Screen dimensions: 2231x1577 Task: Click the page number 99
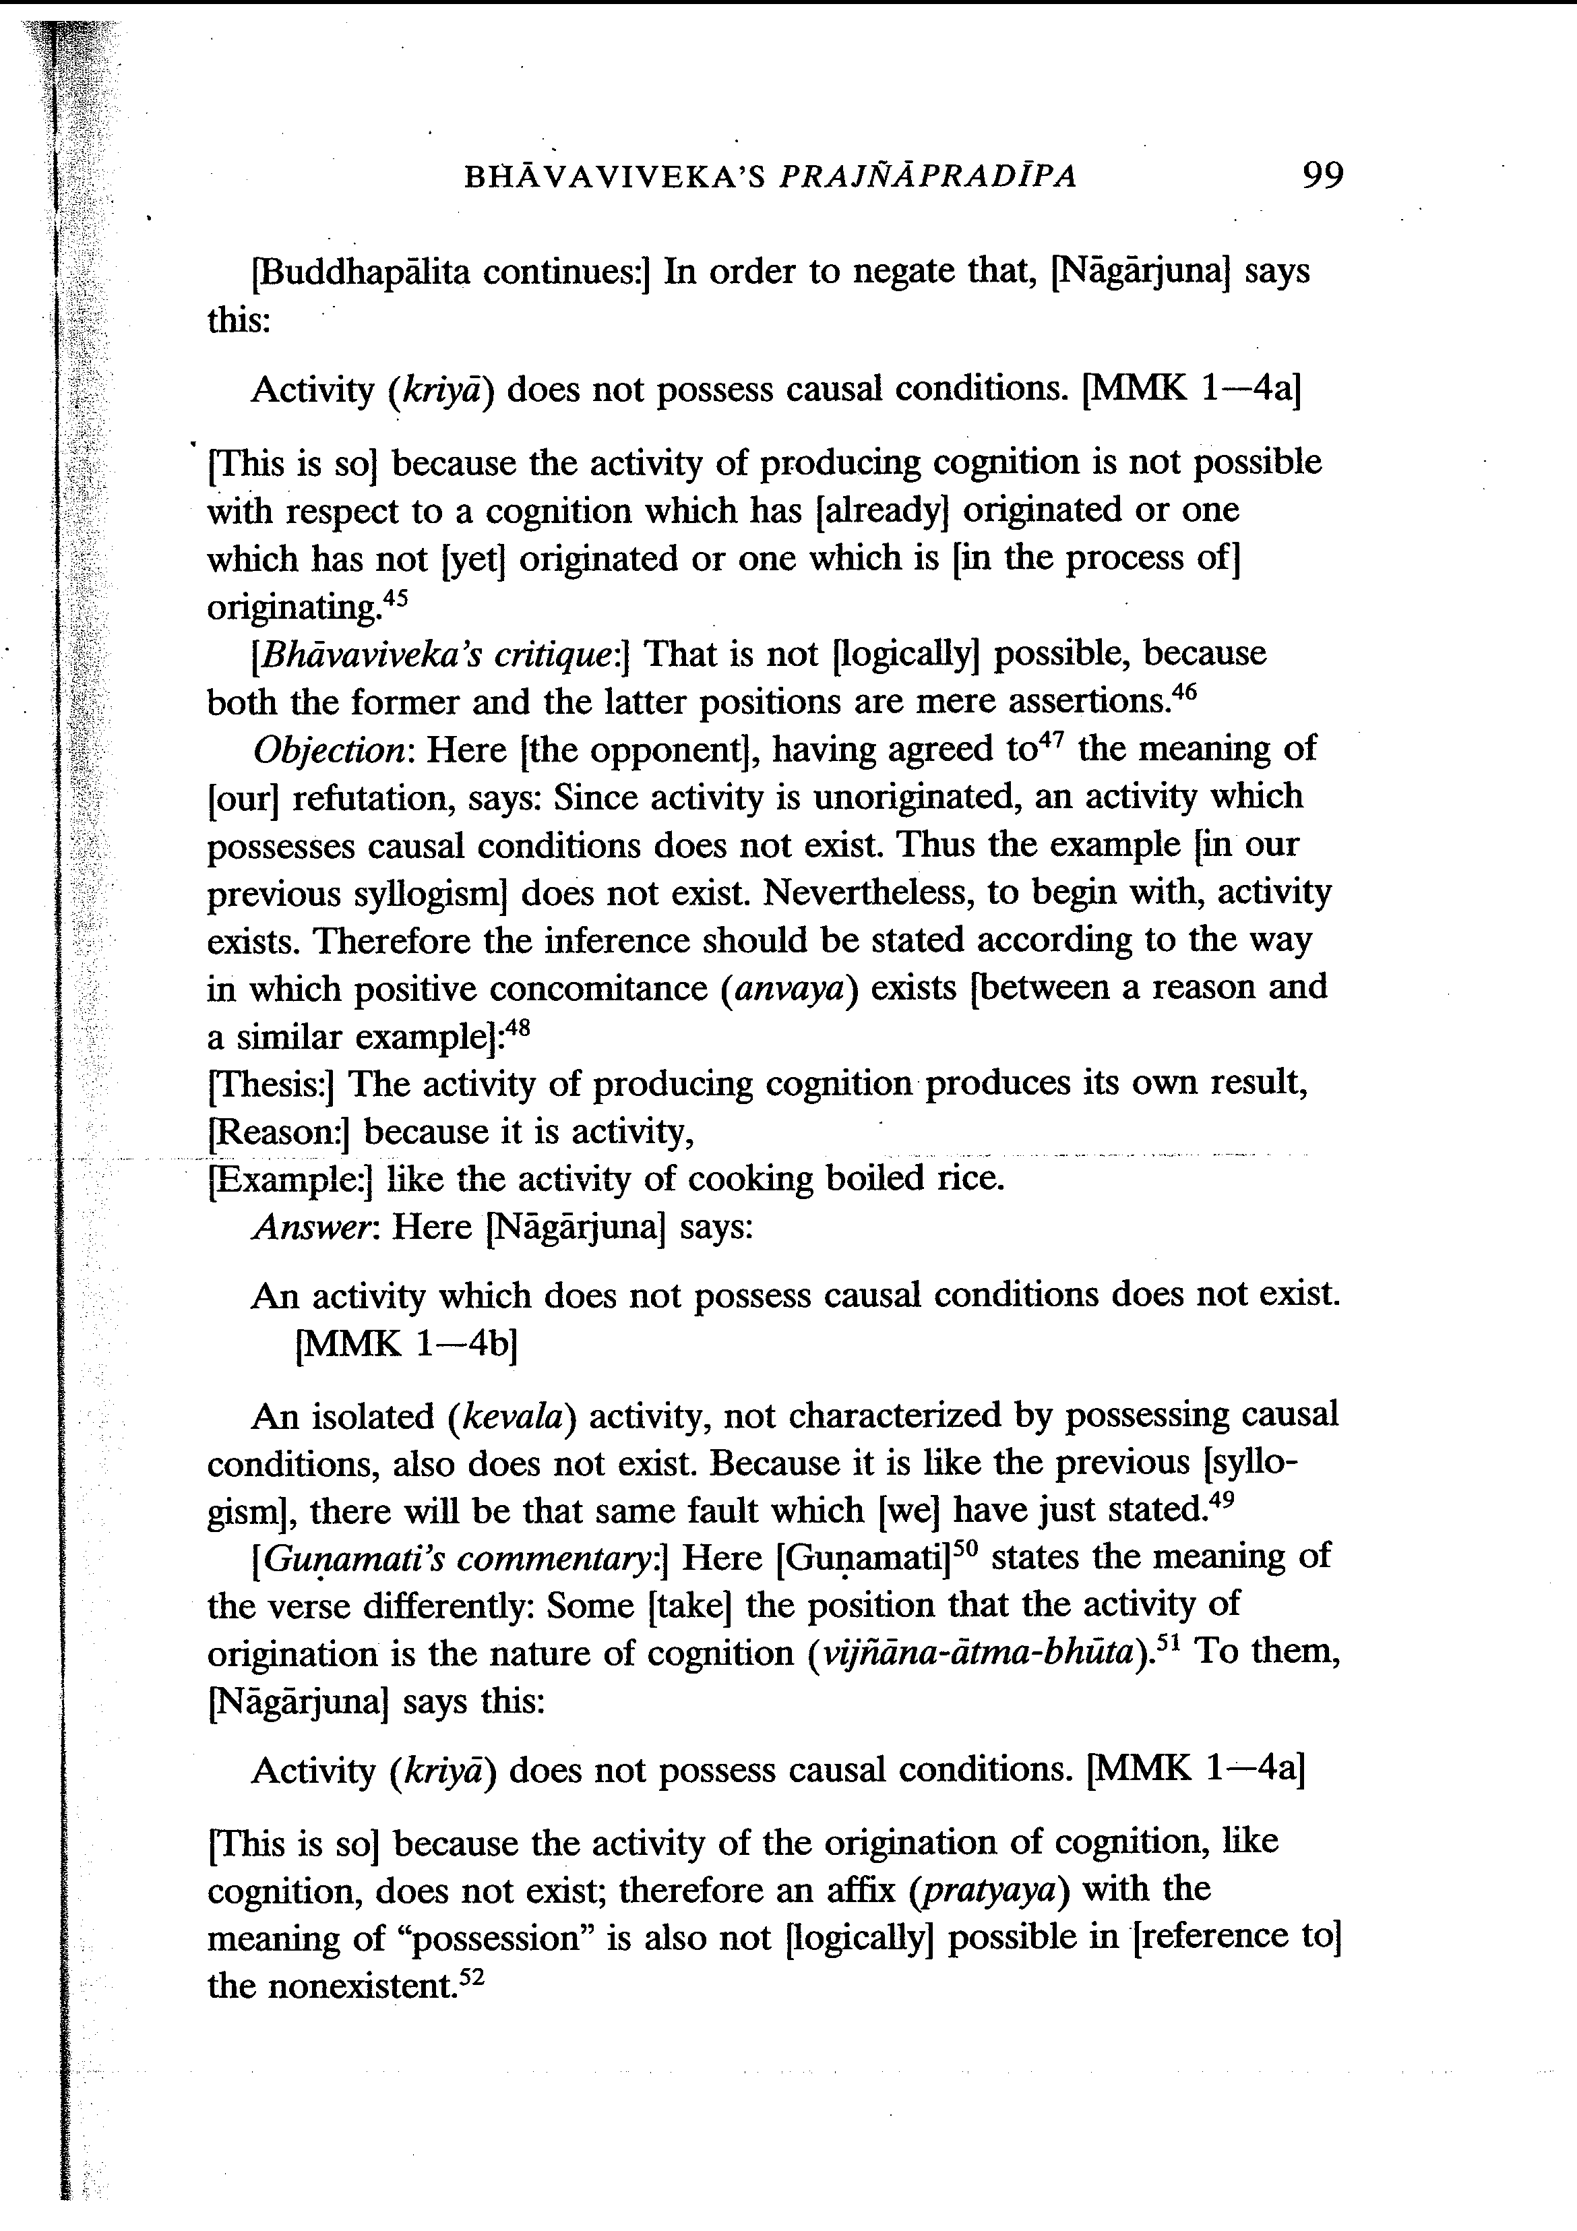tap(1322, 176)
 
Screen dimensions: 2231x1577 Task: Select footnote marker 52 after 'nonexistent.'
tap(470, 1976)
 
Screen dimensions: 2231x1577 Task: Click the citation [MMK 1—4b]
tap(405, 1344)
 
